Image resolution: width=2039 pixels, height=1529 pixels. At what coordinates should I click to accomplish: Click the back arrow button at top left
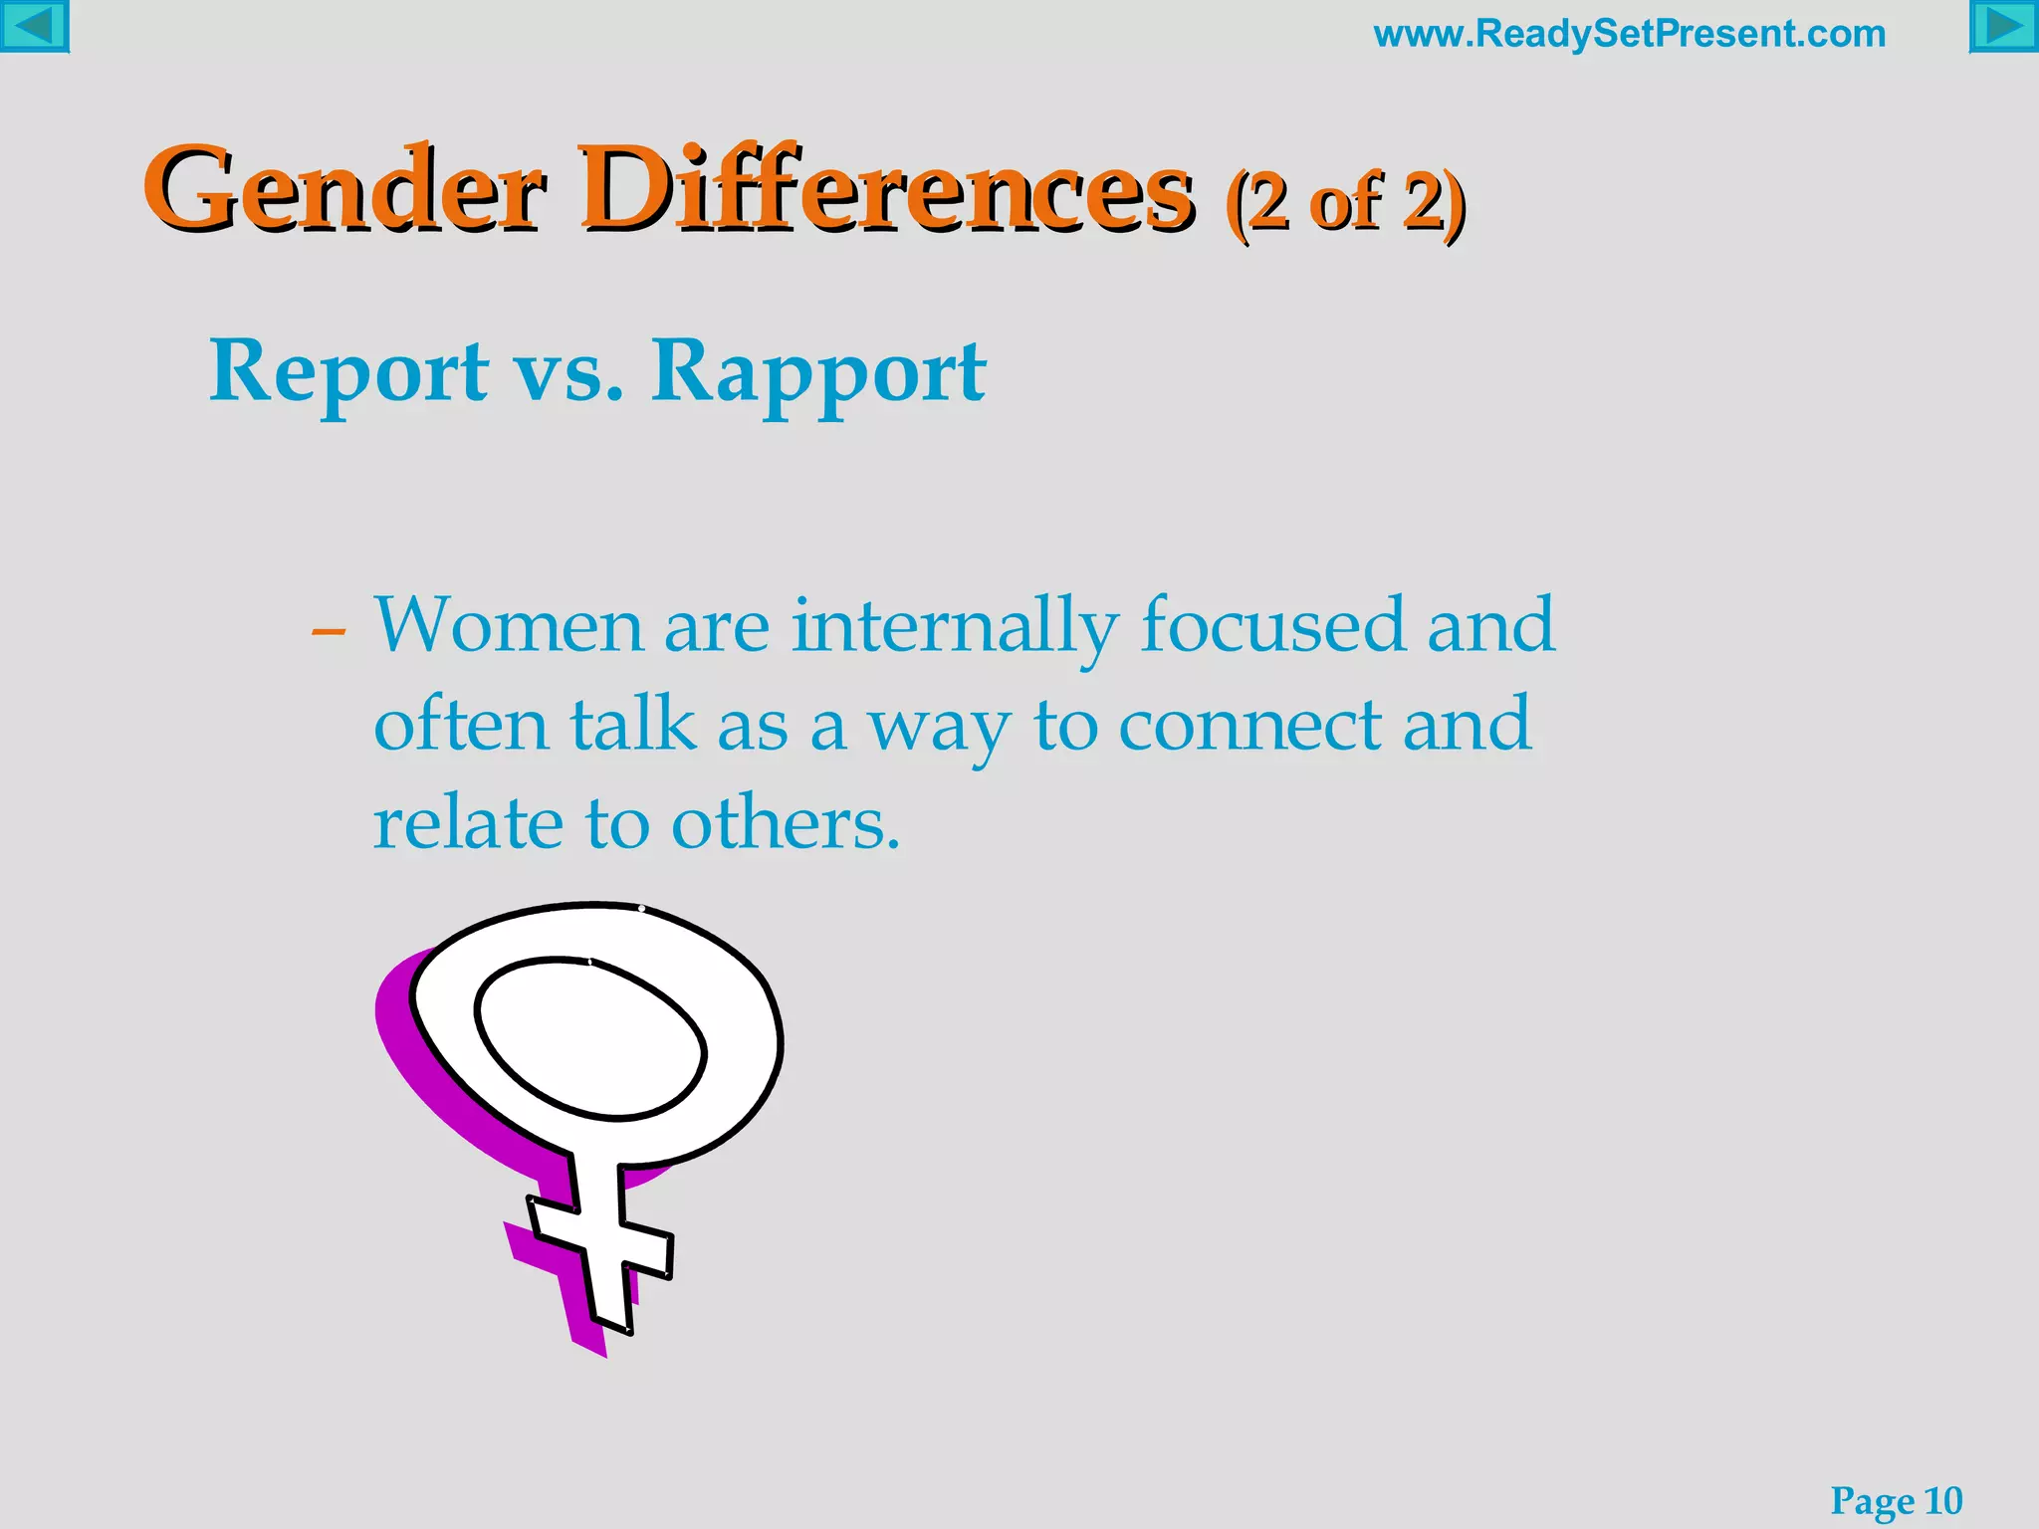[x=34, y=26]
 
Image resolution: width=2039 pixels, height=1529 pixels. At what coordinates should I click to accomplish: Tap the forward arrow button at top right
[x=2004, y=26]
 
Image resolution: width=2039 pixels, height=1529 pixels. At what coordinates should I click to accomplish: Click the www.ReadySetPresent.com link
[x=1629, y=34]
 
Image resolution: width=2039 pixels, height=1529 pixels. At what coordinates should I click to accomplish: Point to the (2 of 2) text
[x=1345, y=203]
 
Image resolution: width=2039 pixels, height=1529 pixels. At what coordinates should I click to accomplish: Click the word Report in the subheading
[x=348, y=372]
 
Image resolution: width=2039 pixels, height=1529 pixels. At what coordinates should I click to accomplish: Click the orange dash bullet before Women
[x=329, y=631]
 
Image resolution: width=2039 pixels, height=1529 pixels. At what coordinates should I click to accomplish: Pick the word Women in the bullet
[x=509, y=626]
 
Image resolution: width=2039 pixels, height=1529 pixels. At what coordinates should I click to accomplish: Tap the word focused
[x=1271, y=626]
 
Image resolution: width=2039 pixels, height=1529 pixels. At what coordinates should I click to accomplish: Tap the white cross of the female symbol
[x=600, y=1244]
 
